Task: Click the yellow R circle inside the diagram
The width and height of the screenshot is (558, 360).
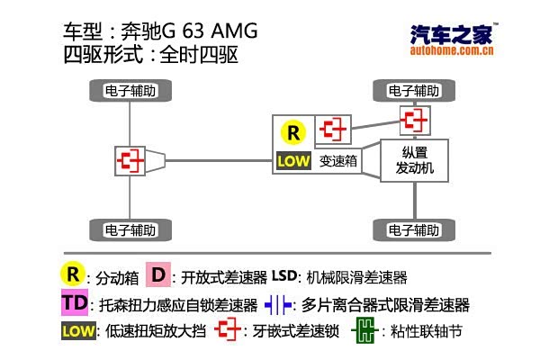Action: tap(293, 133)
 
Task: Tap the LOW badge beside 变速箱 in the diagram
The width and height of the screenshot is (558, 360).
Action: tap(293, 162)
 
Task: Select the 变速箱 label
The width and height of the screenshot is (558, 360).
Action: tap(338, 162)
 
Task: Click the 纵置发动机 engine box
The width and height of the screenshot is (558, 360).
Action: tap(413, 161)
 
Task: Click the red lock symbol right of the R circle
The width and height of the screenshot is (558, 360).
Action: tap(335, 130)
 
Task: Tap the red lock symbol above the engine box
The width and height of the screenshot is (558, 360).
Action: tap(413, 120)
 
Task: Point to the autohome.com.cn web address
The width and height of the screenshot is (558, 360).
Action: tap(452, 51)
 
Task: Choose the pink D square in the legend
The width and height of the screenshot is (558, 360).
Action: tap(158, 275)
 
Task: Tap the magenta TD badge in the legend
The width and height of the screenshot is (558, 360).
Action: tap(75, 303)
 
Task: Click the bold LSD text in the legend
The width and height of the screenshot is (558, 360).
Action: tap(283, 275)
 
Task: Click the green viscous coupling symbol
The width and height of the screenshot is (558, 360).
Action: tap(363, 330)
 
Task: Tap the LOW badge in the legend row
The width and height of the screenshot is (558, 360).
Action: tap(78, 330)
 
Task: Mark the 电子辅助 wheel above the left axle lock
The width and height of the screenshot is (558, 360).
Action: tap(131, 90)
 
